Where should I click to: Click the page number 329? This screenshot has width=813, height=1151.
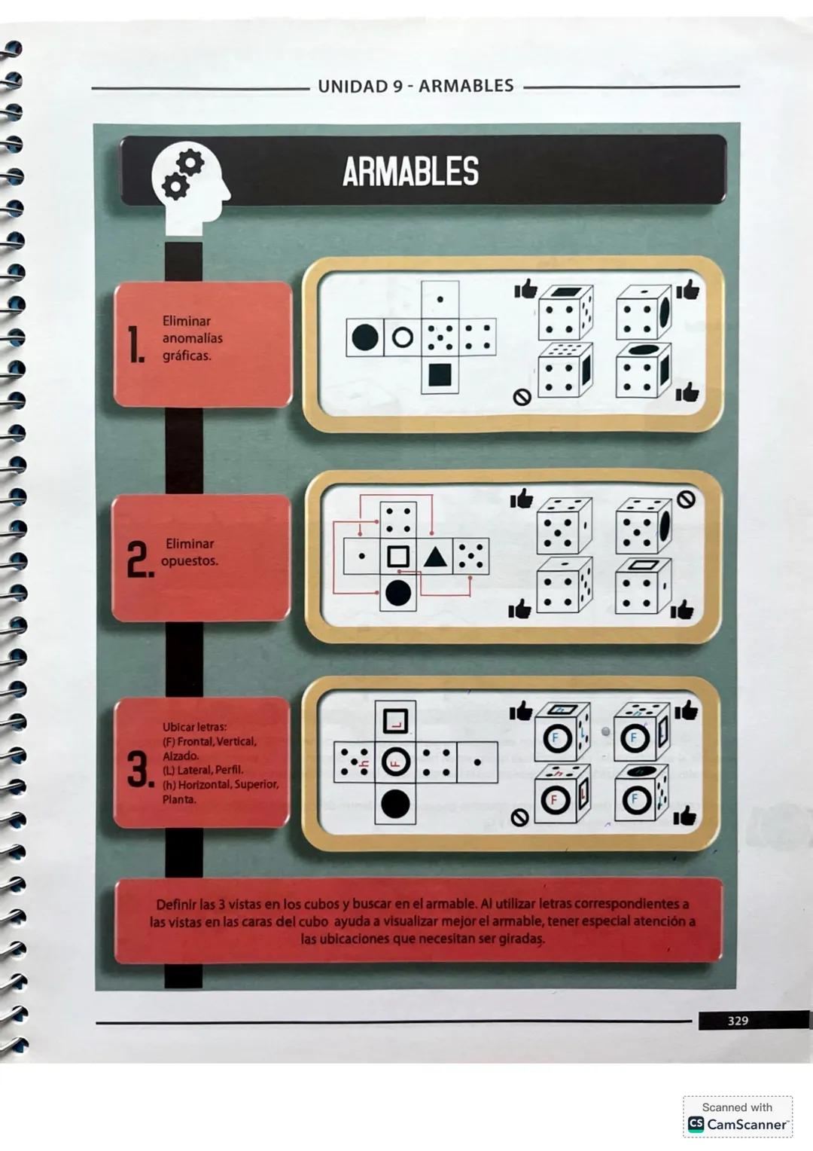click(x=737, y=1021)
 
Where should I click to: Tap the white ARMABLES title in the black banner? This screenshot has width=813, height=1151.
click(x=410, y=172)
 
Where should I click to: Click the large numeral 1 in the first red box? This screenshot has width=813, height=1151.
click(x=135, y=346)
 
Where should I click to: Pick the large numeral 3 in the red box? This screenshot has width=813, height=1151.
click(x=140, y=769)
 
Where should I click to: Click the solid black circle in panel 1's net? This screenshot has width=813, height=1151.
click(x=365, y=337)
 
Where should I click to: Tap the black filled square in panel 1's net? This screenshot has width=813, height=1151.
click(x=440, y=374)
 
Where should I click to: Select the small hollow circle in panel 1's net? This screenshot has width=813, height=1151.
click(x=403, y=337)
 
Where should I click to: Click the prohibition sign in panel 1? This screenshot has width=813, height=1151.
click(x=522, y=397)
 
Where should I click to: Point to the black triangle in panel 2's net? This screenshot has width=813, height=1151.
click(x=434, y=557)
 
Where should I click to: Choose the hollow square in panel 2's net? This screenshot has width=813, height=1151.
click(x=397, y=557)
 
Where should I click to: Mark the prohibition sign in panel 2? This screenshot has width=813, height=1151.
click(x=686, y=499)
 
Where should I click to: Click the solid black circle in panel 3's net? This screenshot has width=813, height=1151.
click(x=395, y=804)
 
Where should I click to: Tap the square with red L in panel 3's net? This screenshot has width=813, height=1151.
click(x=395, y=721)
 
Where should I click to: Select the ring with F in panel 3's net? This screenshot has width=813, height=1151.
click(x=395, y=762)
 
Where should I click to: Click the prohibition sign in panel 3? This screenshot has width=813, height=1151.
click(x=519, y=818)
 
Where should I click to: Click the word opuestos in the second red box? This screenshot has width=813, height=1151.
click(x=190, y=561)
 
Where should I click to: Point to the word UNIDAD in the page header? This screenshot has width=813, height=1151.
click(x=352, y=87)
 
